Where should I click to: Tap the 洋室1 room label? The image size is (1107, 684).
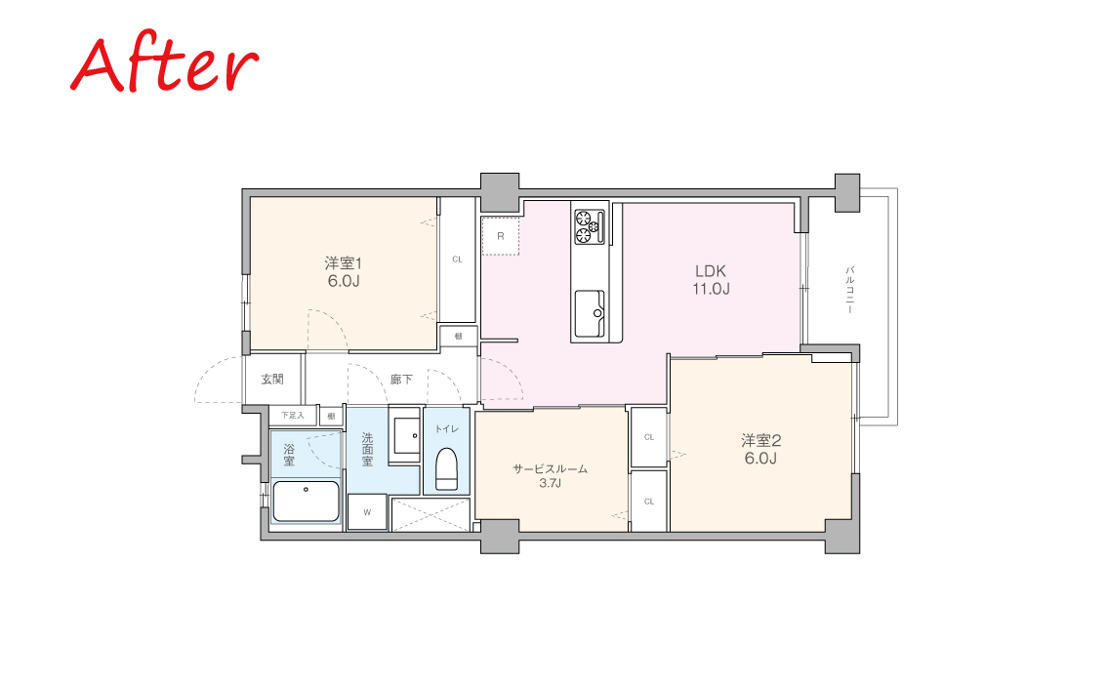343,263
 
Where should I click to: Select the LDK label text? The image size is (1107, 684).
711,271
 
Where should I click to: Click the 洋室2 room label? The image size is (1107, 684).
761,440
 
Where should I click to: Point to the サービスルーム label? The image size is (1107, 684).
550,468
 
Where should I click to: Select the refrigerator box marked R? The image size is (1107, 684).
501,236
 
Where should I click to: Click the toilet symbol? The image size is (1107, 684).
447,469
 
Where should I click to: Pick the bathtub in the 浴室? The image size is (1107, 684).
306,502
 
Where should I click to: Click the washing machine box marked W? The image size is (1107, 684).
367,511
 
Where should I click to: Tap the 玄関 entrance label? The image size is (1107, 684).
272,379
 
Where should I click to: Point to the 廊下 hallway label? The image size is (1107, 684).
401,380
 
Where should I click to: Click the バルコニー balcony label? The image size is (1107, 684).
850,290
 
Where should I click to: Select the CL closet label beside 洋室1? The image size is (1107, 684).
458,259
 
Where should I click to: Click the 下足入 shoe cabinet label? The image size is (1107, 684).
292,415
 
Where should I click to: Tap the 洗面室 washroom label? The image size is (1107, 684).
367,450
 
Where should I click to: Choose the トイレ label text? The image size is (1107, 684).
446,428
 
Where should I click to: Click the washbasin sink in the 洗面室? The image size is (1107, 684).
405,435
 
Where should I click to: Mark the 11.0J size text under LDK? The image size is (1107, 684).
711,289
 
